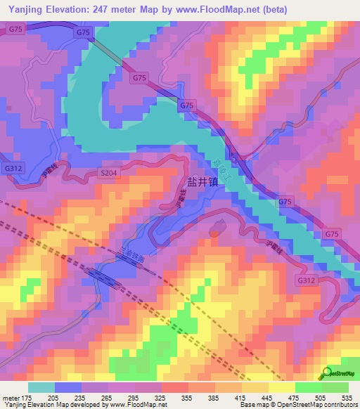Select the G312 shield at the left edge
[12, 169]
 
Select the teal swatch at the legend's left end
[41, 387]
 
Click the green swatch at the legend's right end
[335, 387]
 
